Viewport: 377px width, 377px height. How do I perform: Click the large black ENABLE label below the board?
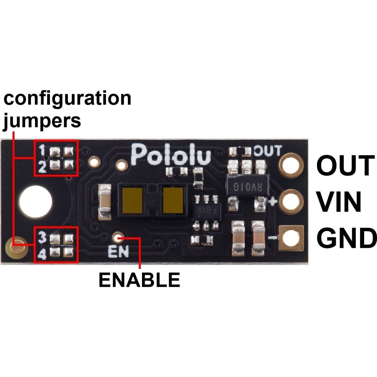click(139, 280)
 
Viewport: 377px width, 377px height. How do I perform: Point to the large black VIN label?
click(339, 203)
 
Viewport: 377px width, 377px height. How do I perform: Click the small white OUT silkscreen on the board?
click(267, 151)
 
